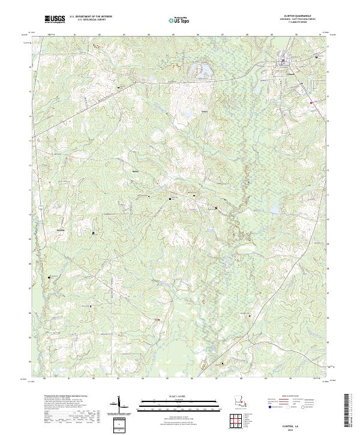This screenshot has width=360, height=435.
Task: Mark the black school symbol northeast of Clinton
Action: [x=317, y=57]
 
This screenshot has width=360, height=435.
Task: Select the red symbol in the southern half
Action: [x=158, y=319]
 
